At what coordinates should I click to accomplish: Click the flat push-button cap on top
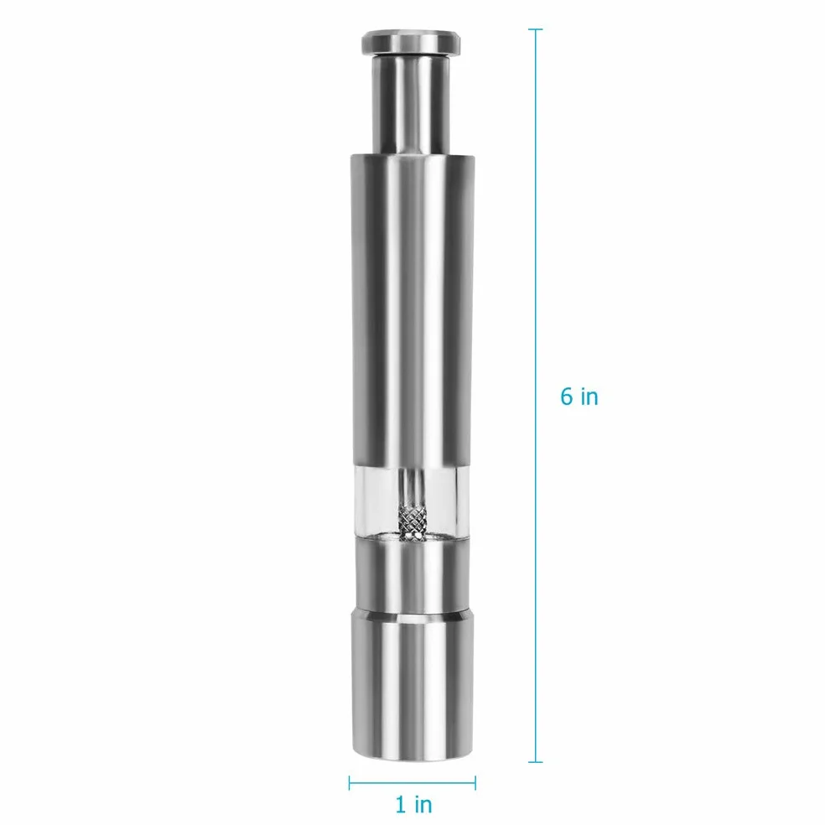pos(410,42)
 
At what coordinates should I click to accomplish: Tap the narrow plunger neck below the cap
pos(410,104)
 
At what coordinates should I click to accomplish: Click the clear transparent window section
pos(412,502)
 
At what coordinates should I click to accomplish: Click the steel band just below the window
pos(412,573)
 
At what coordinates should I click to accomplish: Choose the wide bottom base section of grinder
pos(412,684)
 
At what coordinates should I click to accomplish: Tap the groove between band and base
pos(412,611)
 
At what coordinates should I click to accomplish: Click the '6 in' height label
pos(579,397)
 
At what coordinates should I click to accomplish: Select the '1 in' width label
pos(413,805)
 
